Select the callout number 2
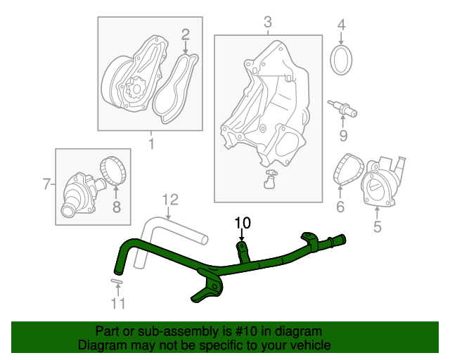[x=186, y=34]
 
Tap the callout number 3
[x=267, y=23]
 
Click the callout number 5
[x=377, y=226]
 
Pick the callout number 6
[x=340, y=207]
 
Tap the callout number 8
[x=117, y=207]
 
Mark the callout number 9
[x=343, y=135]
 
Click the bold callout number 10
[x=242, y=224]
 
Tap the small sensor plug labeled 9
[x=342, y=109]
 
